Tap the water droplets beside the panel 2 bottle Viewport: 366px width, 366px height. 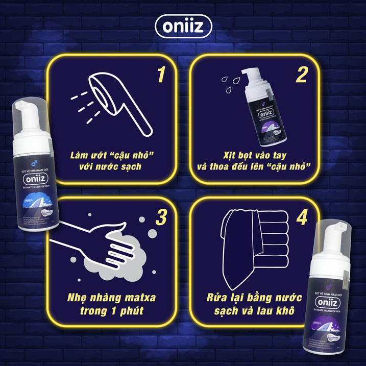pyautogui.click(x=228, y=81)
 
